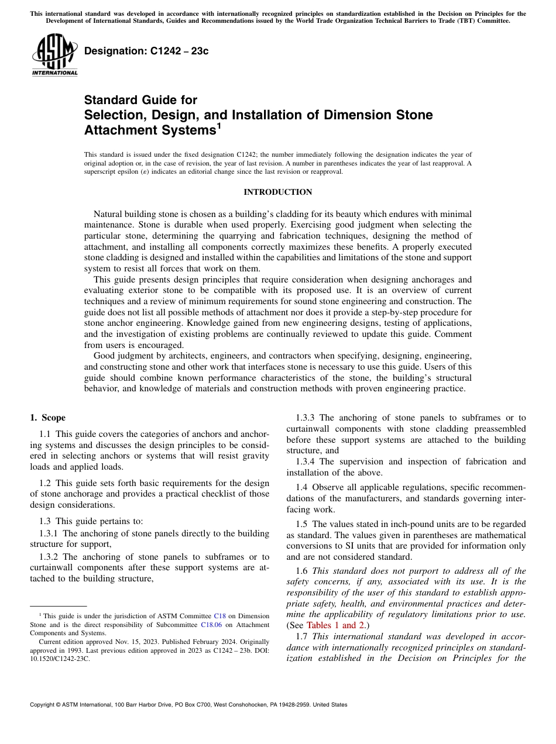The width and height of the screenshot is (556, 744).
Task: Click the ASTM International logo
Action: pos(54,55)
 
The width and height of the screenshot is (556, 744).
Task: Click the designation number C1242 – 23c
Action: pos(146,51)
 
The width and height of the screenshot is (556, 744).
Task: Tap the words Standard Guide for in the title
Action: pos(140,100)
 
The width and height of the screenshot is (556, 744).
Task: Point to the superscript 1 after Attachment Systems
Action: pos(219,125)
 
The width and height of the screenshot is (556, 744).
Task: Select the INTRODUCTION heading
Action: pos(277,192)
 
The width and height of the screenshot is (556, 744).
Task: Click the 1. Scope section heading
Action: pos(48,418)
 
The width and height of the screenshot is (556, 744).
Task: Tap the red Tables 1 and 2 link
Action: pos(335,625)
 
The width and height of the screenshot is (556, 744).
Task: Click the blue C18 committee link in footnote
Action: pos(219,616)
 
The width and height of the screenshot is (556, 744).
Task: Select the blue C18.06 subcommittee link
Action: pos(211,624)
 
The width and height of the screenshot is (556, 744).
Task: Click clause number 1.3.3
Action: pos(306,418)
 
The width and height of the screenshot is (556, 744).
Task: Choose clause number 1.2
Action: pos(46,483)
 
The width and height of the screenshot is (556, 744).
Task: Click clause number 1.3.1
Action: pos(50,533)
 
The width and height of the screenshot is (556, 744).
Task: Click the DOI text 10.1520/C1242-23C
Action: pos(60,658)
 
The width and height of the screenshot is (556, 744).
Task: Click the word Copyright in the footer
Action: pos(44,705)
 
